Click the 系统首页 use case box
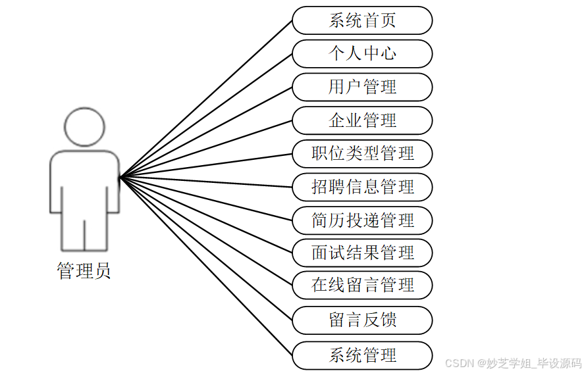pyautogui.click(x=362, y=20)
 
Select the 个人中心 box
pyautogui.click(x=362, y=54)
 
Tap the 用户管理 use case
pyautogui.click(x=362, y=87)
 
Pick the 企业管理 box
pyautogui.click(x=362, y=121)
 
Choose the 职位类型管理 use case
pyautogui.click(x=362, y=154)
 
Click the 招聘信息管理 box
pyautogui.click(x=362, y=187)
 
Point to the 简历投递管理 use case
pyautogui.click(x=362, y=220)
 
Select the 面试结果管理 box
pyautogui.click(x=362, y=253)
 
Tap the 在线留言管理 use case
pyautogui.click(x=362, y=286)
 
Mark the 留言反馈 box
pyautogui.click(x=362, y=320)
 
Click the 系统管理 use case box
pyautogui.click(x=362, y=355)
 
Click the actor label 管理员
pyautogui.click(x=84, y=271)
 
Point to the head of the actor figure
pyautogui.click(x=85, y=127)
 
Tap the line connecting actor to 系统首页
pyautogui.click(x=206, y=99)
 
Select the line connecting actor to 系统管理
pyautogui.click(x=206, y=266)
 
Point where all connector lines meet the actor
pyautogui.click(x=120, y=177)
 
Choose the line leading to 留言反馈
pyautogui.click(x=206, y=249)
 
